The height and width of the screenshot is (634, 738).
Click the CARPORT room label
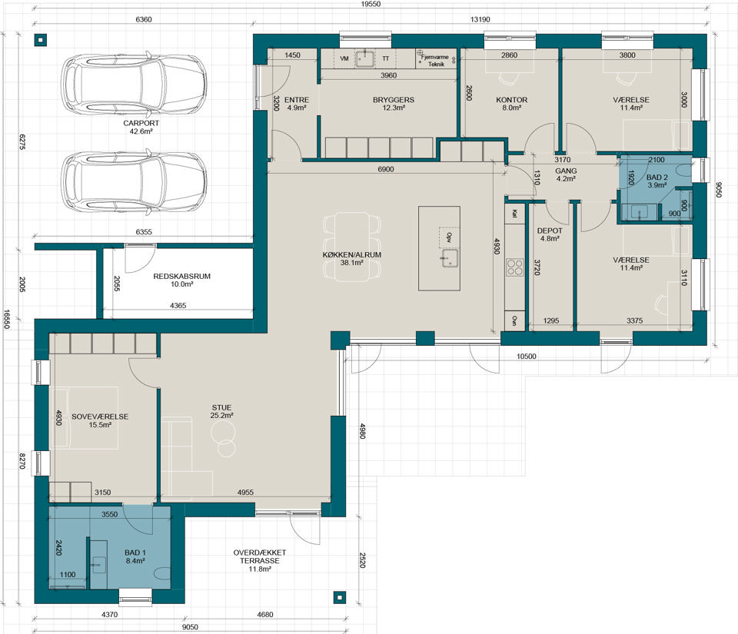[x=141, y=123]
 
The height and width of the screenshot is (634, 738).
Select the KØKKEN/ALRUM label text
[x=351, y=255]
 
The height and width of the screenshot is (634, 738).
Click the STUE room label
[x=221, y=408]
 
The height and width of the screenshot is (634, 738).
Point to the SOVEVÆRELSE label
[x=100, y=417]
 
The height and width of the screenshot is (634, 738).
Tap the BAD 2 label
[x=657, y=178]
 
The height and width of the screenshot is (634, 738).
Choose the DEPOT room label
[x=550, y=231]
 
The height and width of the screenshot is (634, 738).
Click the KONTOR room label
[x=512, y=100]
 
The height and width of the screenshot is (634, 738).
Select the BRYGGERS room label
[x=394, y=100]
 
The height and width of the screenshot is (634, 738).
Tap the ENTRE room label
[x=297, y=100]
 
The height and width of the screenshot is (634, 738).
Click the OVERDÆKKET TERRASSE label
[x=260, y=557]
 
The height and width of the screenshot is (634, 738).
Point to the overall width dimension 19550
[x=371, y=5]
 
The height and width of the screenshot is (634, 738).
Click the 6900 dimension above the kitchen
[x=385, y=169]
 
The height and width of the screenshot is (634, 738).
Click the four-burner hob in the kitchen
[x=514, y=267]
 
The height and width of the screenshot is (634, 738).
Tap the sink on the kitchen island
[x=450, y=258]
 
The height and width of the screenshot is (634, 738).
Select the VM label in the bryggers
[x=344, y=58]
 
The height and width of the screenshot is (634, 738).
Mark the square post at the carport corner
[x=41, y=40]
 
